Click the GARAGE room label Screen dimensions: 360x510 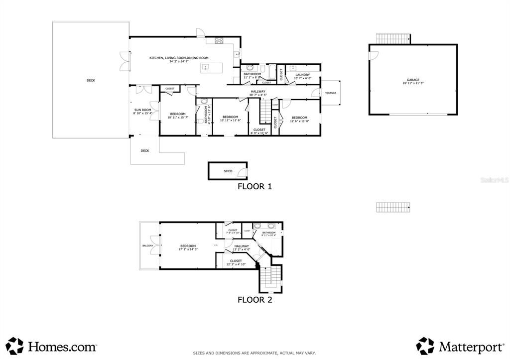[x=413, y=80]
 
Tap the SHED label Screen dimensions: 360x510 [x=228, y=171]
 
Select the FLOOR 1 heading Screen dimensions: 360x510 [x=255, y=187]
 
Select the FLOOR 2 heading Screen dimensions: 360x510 [x=255, y=300]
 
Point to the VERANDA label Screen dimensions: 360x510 [x=331, y=93]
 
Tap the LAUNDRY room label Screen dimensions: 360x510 [x=302, y=75]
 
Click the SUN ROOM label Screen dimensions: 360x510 [x=142, y=110]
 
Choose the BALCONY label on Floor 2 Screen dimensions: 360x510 [x=147, y=245]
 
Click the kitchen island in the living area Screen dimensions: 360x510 [x=205, y=67]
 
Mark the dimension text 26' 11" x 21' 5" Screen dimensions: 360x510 [x=413, y=83]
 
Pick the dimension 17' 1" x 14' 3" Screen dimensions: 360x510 [x=188, y=249]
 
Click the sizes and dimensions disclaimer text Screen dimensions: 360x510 [x=255, y=353]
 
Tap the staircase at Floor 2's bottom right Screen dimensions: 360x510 [x=269, y=278]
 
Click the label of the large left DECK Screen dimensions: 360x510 [x=91, y=80]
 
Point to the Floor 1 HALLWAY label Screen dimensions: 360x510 [x=258, y=91]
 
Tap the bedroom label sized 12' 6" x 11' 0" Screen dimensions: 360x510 [x=300, y=118]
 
